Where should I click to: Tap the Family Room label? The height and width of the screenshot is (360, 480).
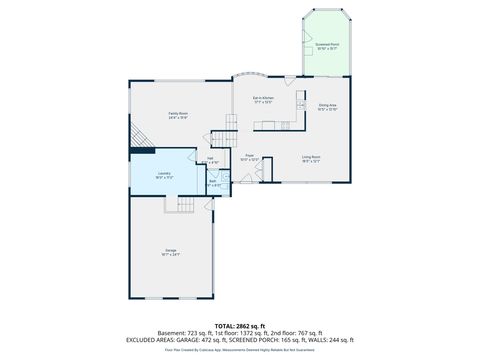178,115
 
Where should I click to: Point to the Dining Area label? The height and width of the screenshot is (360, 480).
327,107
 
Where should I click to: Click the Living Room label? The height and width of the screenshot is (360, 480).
311,158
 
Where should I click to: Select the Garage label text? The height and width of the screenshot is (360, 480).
171,251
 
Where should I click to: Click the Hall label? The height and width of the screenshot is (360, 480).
211,159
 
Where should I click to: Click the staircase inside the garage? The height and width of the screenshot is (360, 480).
184,205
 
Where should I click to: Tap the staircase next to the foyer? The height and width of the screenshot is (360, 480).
231,125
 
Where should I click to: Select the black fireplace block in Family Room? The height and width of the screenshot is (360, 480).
141,149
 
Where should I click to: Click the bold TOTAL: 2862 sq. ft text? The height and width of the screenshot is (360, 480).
239,325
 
